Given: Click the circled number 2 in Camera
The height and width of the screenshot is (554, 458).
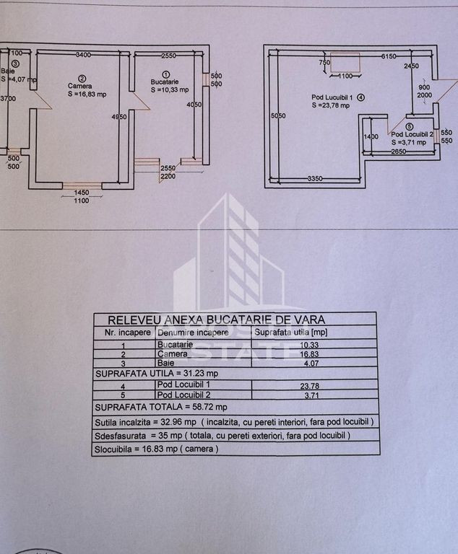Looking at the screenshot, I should [82, 79].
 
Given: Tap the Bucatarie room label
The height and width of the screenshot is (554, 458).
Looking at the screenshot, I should [165, 82].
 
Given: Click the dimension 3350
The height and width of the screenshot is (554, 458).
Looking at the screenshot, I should [314, 178].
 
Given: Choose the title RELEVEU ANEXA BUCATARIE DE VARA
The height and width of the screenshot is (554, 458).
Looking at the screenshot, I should [216, 320].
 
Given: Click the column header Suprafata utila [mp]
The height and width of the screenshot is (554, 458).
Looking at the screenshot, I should [288, 333].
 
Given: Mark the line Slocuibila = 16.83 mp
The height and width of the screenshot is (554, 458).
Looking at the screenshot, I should [157, 448].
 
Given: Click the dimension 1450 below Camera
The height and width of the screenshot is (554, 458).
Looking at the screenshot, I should [81, 193].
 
